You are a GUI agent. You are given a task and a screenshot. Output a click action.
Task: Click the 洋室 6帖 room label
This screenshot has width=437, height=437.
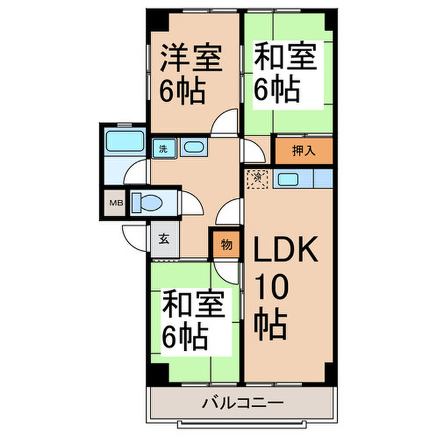coord(192,74)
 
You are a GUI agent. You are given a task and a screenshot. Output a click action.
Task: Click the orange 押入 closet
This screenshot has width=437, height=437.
coord(302,150)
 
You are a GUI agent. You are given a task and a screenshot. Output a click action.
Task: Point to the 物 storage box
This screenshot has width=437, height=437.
coord(227,245)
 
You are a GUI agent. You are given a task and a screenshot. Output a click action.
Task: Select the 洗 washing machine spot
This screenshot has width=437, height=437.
coord(164,149)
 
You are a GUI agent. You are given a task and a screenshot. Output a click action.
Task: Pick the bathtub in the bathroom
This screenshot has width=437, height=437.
coord(125,142)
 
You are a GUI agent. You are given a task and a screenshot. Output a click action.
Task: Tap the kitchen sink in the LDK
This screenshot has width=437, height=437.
coord(287,180)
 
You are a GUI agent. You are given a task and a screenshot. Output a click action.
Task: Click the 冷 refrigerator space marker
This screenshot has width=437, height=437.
coord(258,178)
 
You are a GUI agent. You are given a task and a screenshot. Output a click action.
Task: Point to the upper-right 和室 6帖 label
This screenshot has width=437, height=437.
coord(285,74)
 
